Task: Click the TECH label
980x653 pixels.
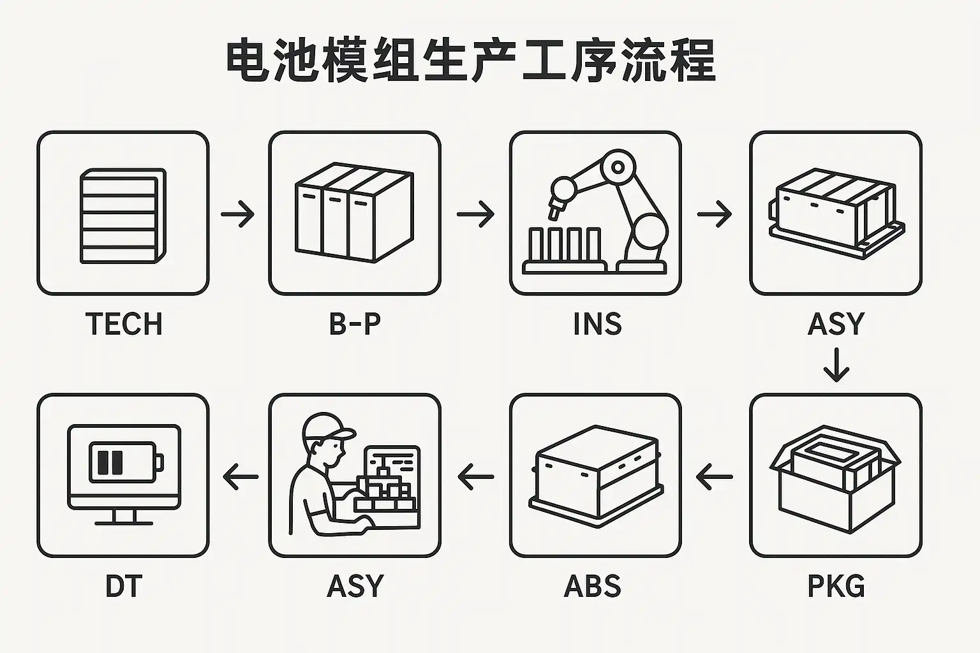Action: (x=124, y=324)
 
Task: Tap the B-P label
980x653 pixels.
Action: (x=355, y=324)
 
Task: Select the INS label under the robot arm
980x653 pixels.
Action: (x=597, y=324)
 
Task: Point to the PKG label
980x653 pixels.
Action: (x=836, y=586)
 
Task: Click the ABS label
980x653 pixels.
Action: (x=593, y=586)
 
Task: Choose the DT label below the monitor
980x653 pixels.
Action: (x=123, y=586)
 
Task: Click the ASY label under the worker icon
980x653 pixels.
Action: (x=355, y=586)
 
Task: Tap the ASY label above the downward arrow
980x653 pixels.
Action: (x=836, y=324)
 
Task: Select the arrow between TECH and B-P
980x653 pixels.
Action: (x=238, y=214)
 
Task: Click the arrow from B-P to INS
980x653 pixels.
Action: (x=475, y=214)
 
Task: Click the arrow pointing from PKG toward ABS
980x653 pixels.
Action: (x=715, y=476)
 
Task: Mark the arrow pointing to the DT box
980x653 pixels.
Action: (x=241, y=476)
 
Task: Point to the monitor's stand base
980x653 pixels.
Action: (x=123, y=522)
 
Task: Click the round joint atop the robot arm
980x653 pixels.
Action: (x=617, y=167)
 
